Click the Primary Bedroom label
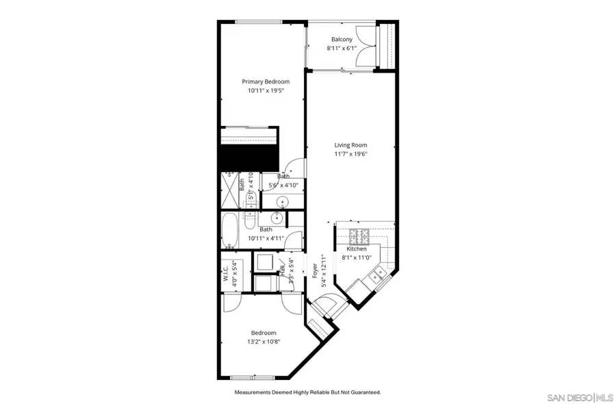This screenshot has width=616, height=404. (260, 81)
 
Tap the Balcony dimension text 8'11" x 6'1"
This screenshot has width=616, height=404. (342, 48)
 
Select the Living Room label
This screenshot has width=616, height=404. (350, 145)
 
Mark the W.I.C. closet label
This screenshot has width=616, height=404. (225, 273)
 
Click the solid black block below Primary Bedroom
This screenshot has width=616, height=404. (248, 157)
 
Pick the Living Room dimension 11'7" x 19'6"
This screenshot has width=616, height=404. (350, 154)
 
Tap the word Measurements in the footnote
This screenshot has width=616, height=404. (255, 392)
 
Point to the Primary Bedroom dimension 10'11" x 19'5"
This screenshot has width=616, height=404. (260, 90)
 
